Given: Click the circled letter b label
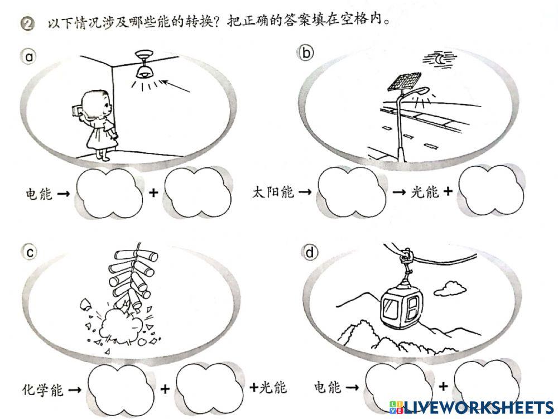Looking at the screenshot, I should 306,53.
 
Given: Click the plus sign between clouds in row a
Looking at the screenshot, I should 153,194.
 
